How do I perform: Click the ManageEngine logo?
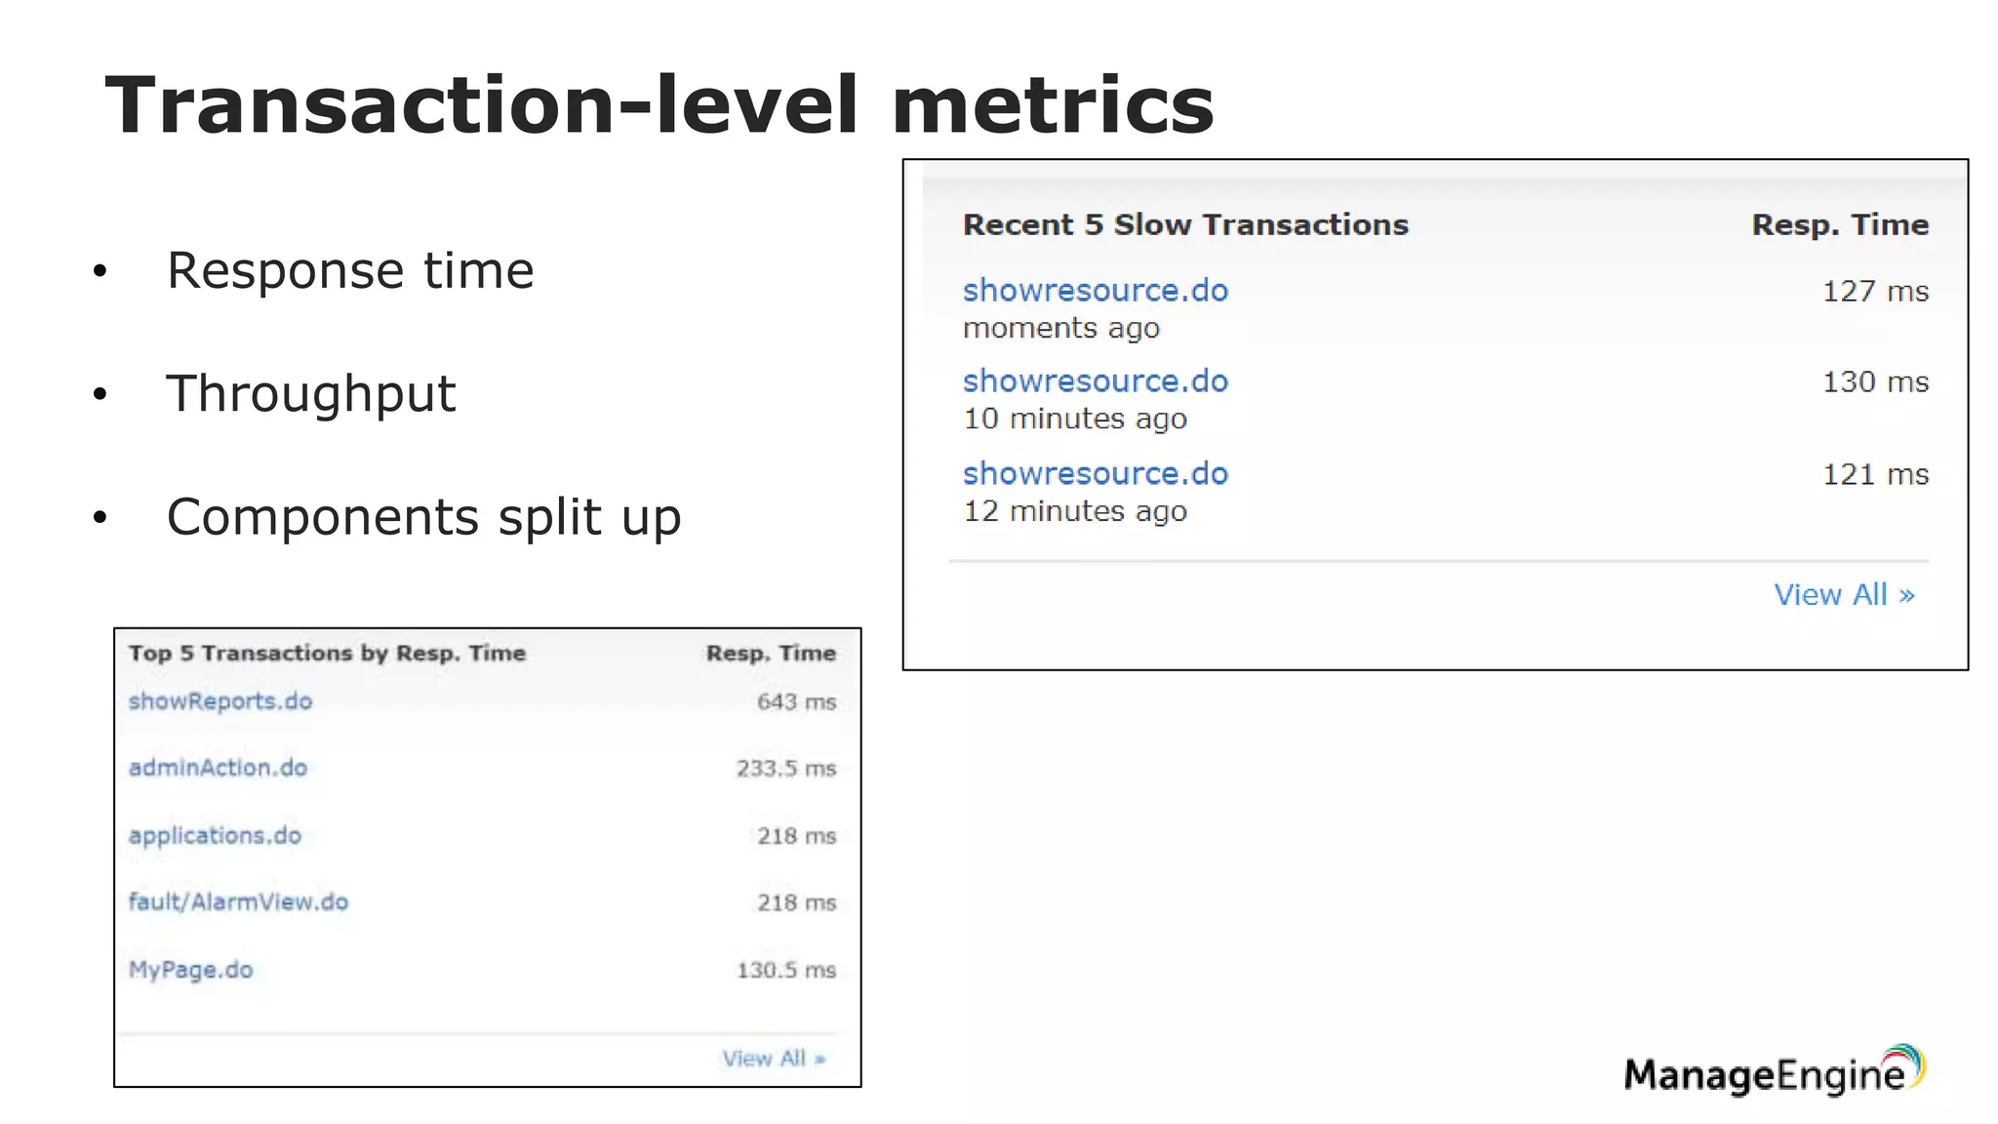(1774, 1071)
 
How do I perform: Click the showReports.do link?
(220, 702)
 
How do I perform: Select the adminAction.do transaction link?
(218, 768)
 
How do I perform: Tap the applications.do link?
(215, 836)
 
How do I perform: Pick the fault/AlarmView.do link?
(238, 903)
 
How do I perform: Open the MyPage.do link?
(190, 970)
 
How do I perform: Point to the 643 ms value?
(796, 702)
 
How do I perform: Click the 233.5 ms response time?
(785, 769)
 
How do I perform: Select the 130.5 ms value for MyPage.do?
(785, 971)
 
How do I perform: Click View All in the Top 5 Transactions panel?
(773, 1059)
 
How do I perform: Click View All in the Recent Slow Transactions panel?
(1843, 595)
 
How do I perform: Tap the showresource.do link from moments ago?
(1095, 291)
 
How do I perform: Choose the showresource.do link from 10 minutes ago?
(1095, 381)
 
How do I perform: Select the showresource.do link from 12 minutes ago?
(1095, 474)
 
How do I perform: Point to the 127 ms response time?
(1875, 292)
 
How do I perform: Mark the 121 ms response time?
(1875, 475)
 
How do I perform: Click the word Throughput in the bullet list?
(310, 394)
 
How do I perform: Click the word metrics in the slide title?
(1052, 105)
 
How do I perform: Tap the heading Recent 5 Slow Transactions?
(1185, 225)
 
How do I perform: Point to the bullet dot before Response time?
(100, 271)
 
